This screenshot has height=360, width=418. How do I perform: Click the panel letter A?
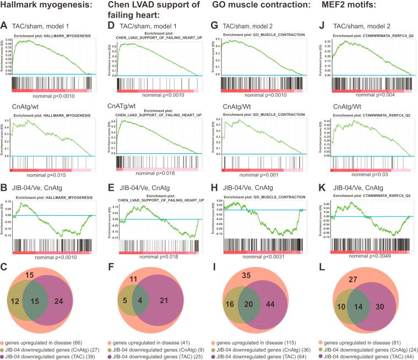pos(5,25)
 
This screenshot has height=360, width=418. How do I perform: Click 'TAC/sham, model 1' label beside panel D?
pos(150,25)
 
